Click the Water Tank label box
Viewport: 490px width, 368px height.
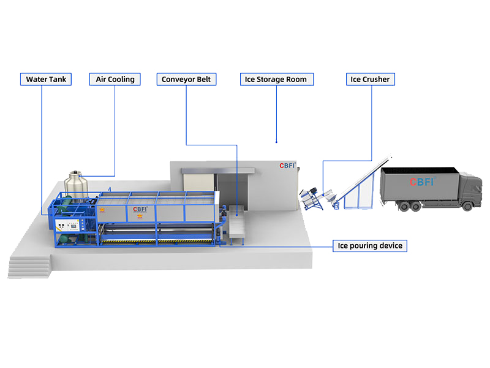[46, 79]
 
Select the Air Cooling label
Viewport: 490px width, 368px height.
[115, 79]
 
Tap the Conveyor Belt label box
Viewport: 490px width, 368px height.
[186, 79]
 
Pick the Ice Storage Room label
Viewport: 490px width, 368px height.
[277, 79]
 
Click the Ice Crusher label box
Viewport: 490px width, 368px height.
[371, 79]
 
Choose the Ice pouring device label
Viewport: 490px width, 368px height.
[370, 246]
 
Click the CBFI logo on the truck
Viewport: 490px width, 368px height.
[423, 182]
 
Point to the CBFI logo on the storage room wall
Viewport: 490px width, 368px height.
[287, 165]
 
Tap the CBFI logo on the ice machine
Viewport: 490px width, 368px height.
[140, 209]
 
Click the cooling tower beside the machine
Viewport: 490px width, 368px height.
[76, 185]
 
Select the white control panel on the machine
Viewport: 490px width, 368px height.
[67, 225]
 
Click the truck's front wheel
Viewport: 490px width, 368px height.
[467, 206]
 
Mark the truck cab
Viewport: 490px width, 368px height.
[470, 190]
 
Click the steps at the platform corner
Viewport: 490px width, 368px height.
[29, 267]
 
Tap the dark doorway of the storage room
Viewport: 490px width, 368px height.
[233, 191]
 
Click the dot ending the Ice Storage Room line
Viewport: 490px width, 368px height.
[277, 142]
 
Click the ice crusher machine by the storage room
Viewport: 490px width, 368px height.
[311, 199]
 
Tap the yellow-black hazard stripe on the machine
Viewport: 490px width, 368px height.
[158, 241]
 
